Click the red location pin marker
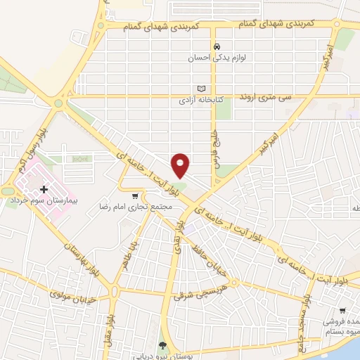pos(181,165)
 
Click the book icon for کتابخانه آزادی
pos(202,89)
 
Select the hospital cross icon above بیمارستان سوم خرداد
pos(44,189)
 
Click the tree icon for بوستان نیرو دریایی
pos(163,345)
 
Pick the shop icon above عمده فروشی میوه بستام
pos(343,310)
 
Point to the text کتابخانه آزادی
pos(200,101)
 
